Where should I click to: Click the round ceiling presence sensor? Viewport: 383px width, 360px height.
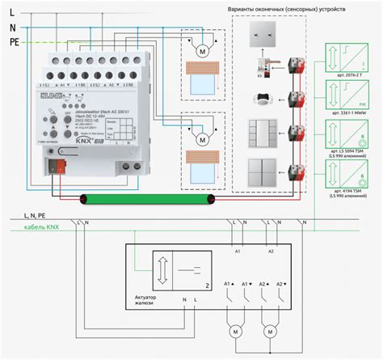click(x=260, y=104)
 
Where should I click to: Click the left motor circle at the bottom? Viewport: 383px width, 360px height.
click(x=236, y=332)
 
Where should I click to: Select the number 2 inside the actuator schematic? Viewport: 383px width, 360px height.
click(x=208, y=286)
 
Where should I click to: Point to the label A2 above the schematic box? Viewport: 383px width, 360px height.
click(x=271, y=251)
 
